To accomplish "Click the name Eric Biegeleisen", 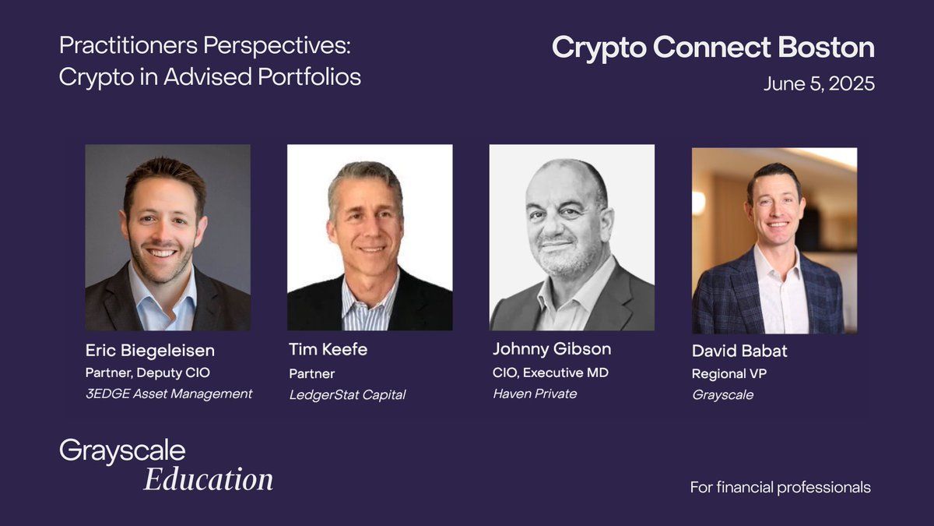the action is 150,351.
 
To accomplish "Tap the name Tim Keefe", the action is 328,349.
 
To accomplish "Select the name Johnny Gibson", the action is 552,349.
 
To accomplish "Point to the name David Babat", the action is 739,351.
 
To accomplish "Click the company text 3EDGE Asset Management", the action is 169,394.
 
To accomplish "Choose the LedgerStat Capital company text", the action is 347,395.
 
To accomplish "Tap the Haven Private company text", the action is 535,394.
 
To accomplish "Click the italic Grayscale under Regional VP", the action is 722,395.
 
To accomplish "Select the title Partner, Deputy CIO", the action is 148,372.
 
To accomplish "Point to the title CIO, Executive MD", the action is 550,372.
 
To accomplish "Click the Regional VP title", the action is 729,373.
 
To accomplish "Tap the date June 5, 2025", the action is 819,84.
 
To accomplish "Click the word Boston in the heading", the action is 826,47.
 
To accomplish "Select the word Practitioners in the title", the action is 128,45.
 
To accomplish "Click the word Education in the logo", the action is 208,479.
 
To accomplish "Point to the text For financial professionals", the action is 780,487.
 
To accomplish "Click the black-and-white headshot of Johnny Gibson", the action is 571,238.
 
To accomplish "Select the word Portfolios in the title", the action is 309,77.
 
